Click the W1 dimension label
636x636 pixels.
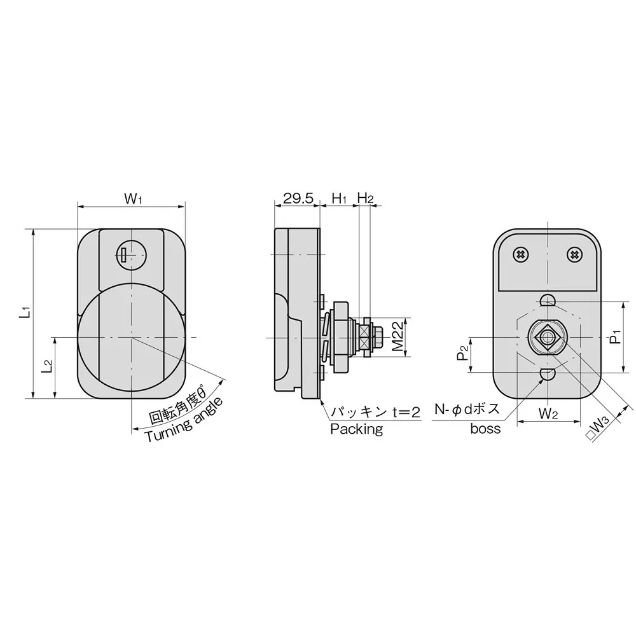pyautogui.click(x=132, y=198)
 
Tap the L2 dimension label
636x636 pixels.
pyautogui.click(x=46, y=367)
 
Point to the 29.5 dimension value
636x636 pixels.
pyautogui.click(x=298, y=198)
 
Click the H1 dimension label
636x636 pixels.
pyautogui.click(x=339, y=198)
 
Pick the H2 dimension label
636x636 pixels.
pyautogui.click(x=365, y=198)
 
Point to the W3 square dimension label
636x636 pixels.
pyautogui.click(x=600, y=427)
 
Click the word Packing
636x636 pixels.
pyautogui.click(x=356, y=429)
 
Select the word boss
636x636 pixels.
pyautogui.click(x=485, y=429)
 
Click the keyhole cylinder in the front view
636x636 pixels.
pyautogui.click(x=132, y=256)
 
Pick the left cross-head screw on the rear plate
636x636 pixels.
pyautogui.click(x=521, y=254)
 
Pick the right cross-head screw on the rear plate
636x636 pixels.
pyautogui.click(x=574, y=254)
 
